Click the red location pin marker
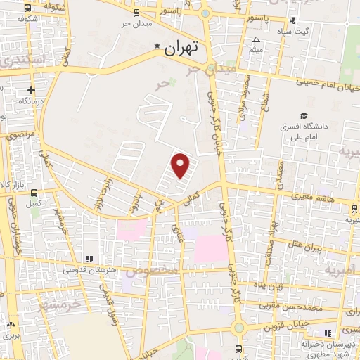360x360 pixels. (181, 166)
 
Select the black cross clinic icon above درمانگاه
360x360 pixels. (31, 90)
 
